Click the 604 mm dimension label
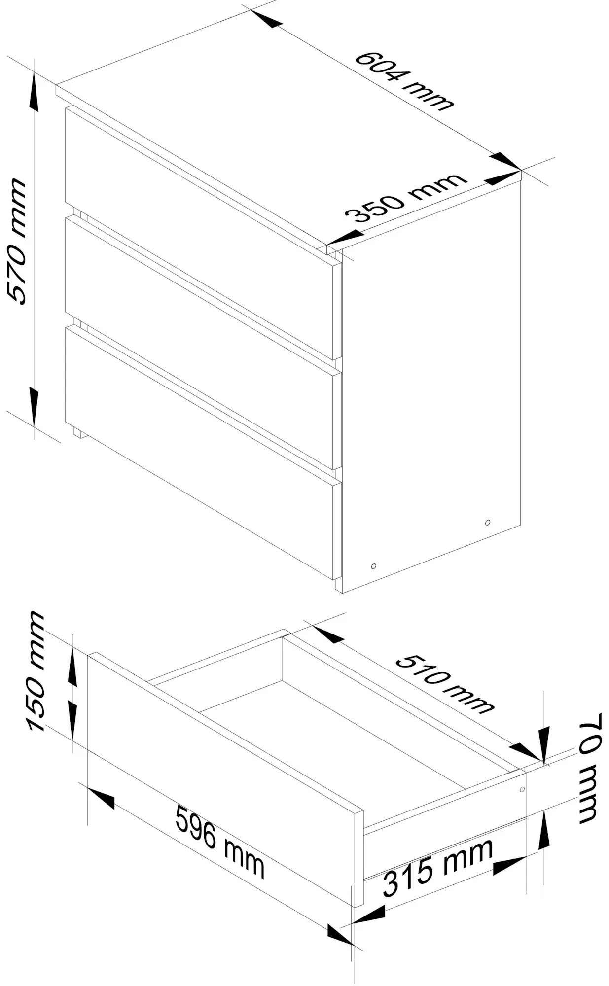click(x=403, y=81)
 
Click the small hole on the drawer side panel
click(x=522, y=789)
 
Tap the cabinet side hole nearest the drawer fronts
click(x=373, y=566)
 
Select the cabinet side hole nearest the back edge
click(x=487, y=522)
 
